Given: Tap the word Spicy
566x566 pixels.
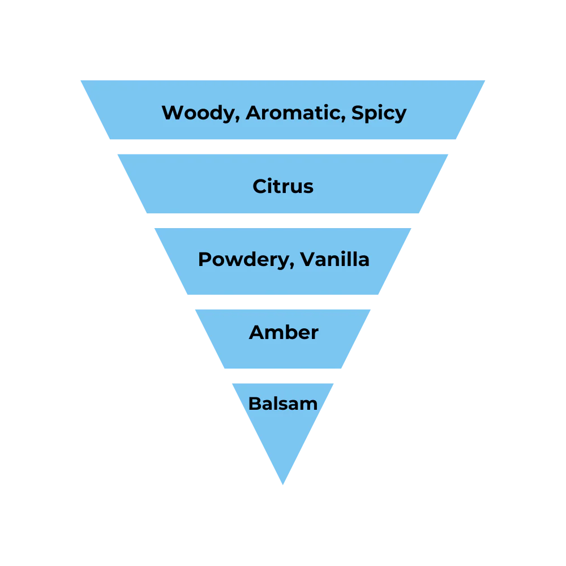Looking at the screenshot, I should tap(379, 113).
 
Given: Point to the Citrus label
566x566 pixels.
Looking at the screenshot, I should tap(283, 186).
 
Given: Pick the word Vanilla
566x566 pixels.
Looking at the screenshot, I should tap(335, 259).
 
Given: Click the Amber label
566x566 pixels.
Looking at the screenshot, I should tap(284, 332).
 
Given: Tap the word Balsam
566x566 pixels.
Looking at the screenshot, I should tap(283, 404).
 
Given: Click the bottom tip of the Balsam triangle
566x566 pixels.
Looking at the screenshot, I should tap(283, 485).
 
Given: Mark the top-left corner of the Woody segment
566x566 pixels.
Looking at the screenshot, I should tap(79, 79).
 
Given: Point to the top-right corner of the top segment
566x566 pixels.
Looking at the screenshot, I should tap(487, 79).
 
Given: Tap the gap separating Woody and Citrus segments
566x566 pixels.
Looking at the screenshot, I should tap(283, 147).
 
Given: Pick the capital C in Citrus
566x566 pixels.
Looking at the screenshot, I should tap(260, 186).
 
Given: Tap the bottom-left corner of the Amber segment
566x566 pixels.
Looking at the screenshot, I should tap(223, 369).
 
